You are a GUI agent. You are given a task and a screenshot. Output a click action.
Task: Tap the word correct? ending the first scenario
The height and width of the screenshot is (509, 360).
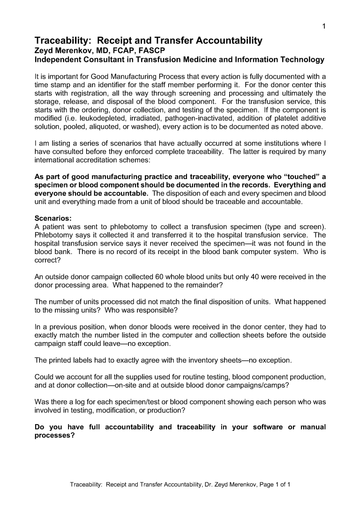(x=48, y=260)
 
